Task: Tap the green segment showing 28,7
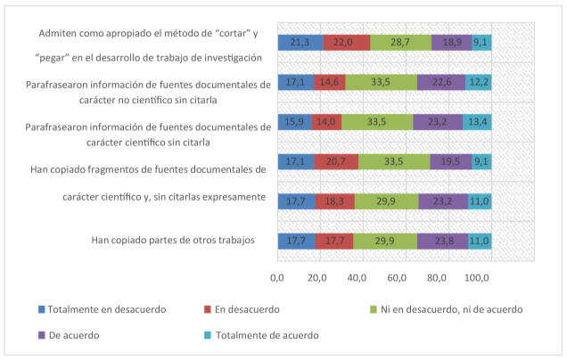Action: click(x=399, y=42)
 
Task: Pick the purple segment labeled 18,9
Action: click(x=452, y=42)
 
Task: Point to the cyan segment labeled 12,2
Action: click(x=479, y=82)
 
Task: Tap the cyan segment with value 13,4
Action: click(x=478, y=122)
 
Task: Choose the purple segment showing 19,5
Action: click(x=451, y=161)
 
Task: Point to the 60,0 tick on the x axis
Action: click(x=397, y=279)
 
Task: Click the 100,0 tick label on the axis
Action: click(x=477, y=279)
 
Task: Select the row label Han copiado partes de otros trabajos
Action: click(x=173, y=241)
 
